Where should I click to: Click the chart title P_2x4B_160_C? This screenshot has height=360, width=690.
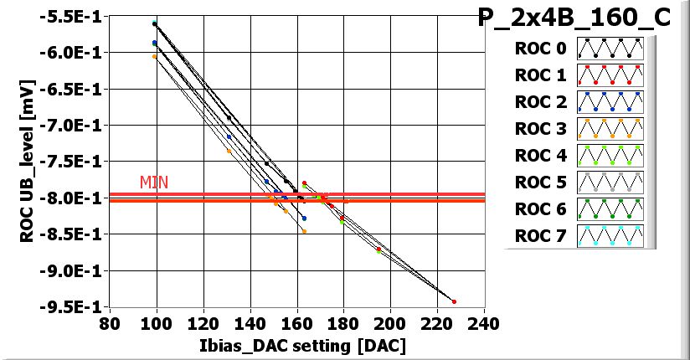(x=574, y=18)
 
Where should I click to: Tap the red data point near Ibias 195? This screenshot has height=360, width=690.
(x=378, y=249)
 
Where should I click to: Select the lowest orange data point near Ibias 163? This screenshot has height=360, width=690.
(x=304, y=231)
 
